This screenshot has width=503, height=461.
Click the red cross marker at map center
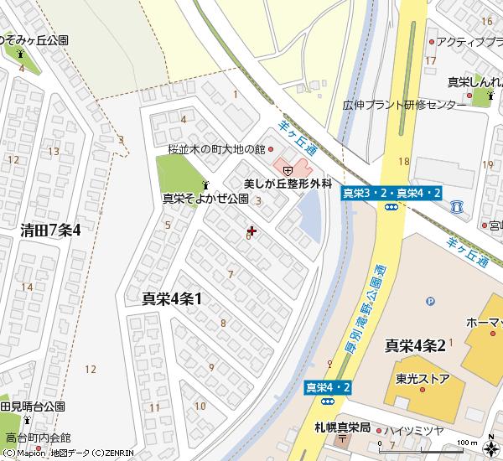point(252,230)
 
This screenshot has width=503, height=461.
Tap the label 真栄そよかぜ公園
point(205,199)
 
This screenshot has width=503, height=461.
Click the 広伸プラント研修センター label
point(405,106)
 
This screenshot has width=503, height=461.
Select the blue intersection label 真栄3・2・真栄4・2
point(392,194)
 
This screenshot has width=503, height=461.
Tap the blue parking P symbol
point(430,302)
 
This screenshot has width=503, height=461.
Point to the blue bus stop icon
point(457,205)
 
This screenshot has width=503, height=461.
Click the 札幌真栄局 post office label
point(343,427)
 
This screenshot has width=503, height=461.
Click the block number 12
point(91,369)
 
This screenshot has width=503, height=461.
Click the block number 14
point(27,287)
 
